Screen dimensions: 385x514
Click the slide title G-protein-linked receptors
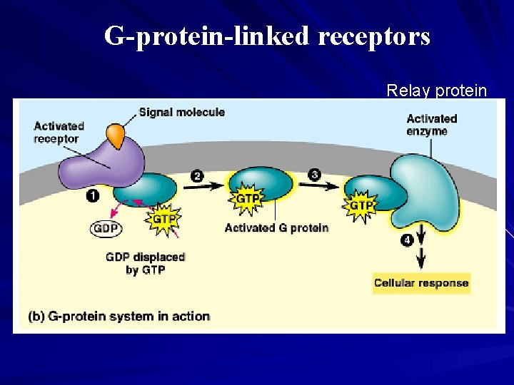point(267,35)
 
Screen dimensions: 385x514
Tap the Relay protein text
point(436,91)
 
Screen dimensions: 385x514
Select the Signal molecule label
point(181,112)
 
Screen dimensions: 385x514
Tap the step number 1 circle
point(92,194)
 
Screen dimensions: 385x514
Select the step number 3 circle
point(315,174)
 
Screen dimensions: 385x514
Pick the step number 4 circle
point(406,240)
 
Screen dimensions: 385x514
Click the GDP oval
point(105,229)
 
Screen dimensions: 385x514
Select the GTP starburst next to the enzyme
point(361,205)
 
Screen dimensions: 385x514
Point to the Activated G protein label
point(276,228)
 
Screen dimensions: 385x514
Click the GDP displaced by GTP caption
point(145,263)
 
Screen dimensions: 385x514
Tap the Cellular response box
point(421,283)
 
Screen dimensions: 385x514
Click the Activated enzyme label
point(432,125)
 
